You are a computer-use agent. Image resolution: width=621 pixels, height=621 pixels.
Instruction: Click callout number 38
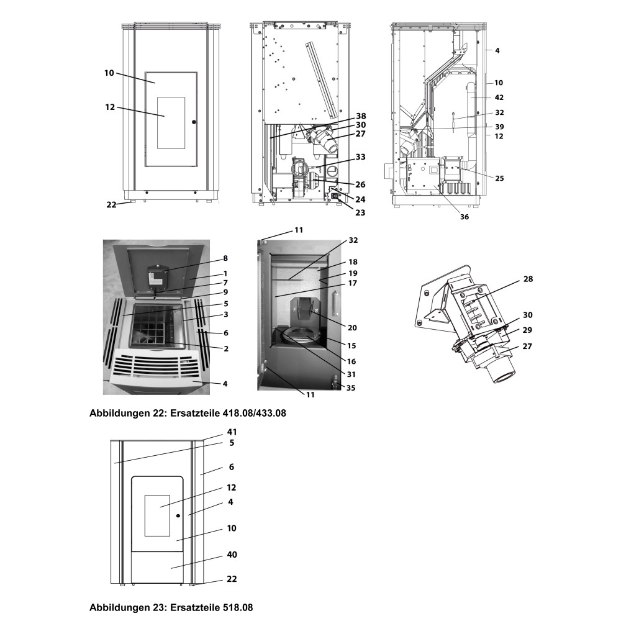tap(361, 116)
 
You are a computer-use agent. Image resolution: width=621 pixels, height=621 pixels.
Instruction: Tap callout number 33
tap(360, 157)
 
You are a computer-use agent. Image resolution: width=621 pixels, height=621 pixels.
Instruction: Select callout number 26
tap(360, 184)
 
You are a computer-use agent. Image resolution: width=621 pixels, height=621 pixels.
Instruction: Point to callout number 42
tap(499, 97)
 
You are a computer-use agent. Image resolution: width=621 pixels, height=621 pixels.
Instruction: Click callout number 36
tap(464, 217)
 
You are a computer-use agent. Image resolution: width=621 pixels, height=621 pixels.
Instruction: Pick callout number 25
tap(499, 178)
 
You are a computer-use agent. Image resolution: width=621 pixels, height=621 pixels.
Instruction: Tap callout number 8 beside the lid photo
tap(225, 258)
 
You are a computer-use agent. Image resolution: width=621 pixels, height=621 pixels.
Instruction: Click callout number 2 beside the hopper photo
tap(226, 348)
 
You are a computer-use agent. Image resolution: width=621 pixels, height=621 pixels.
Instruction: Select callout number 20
tap(352, 327)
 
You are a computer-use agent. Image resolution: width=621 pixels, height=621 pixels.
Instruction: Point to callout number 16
tap(351, 361)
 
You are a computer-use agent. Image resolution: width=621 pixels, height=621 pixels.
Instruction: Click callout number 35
tap(351, 388)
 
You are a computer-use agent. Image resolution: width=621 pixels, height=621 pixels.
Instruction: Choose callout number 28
tap(528, 279)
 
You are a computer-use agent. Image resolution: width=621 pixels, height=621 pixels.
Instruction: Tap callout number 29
tap(527, 330)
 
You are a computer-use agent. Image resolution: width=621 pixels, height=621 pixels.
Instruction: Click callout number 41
tap(232, 432)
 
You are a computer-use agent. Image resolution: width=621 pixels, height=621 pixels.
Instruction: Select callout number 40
tap(232, 555)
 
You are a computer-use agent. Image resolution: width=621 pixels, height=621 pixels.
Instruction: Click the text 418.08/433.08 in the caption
tap(252, 413)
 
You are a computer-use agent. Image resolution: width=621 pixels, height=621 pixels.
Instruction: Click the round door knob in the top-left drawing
tap(194, 122)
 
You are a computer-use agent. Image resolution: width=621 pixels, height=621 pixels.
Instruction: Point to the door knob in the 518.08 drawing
tap(178, 515)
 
